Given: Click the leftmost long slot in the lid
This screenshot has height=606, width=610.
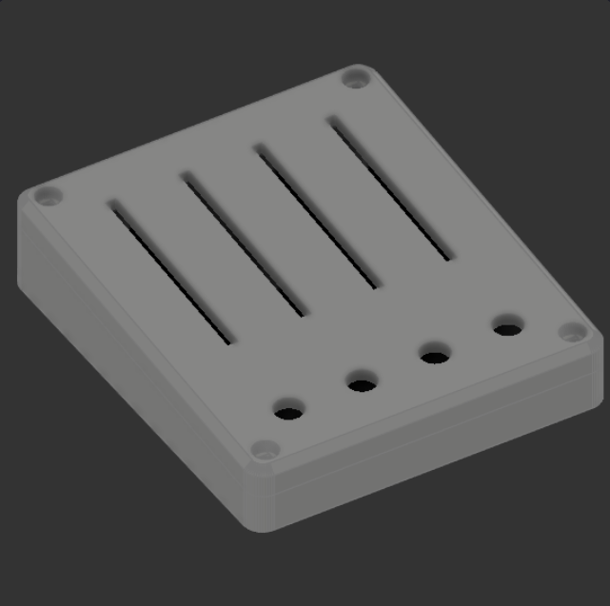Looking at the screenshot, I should [x=171, y=272].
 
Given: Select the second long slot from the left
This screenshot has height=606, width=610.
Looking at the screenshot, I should [x=246, y=244].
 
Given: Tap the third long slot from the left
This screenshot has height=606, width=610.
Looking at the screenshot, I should [x=318, y=216].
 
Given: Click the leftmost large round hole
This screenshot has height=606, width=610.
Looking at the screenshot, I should [x=289, y=411].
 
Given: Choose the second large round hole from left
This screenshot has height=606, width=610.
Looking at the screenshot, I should [x=362, y=384].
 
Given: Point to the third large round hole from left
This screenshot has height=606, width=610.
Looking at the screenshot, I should [x=435, y=357].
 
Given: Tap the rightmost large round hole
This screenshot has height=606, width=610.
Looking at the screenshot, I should [x=507, y=330].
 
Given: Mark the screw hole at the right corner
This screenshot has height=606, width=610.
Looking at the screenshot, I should [x=572, y=333].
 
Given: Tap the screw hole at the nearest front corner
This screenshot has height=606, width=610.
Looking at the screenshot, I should [x=266, y=449].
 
